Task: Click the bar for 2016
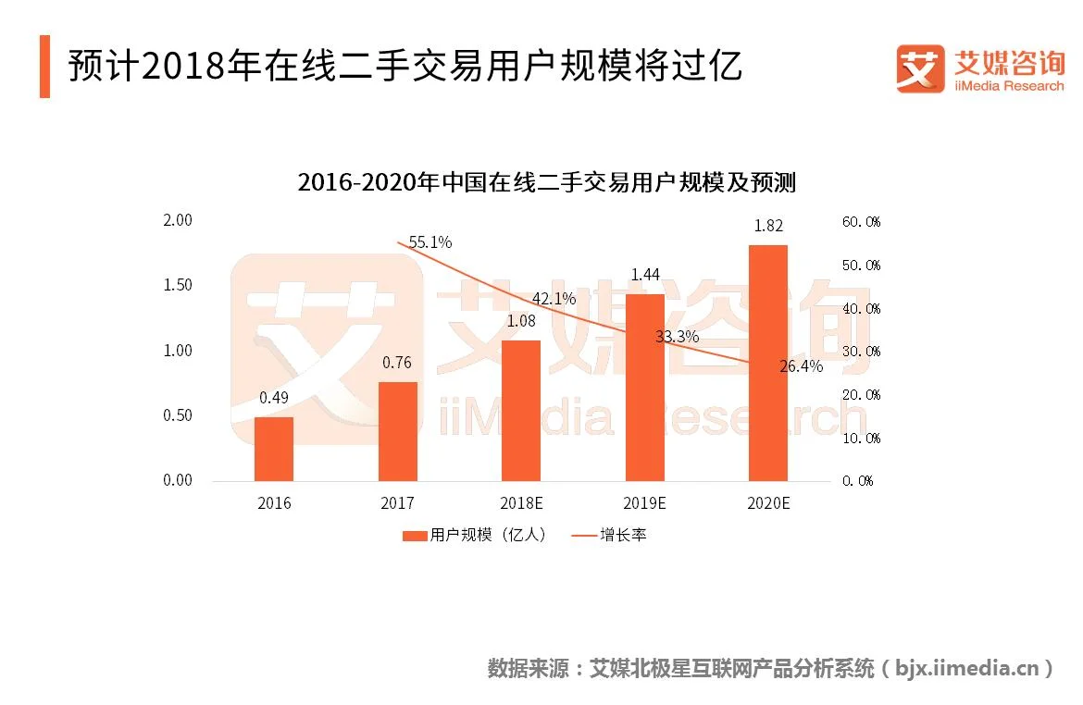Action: tap(274, 449)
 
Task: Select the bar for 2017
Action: tap(397, 431)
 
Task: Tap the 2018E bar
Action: tap(521, 411)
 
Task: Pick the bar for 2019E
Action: tap(644, 388)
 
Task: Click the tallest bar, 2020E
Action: tap(767, 363)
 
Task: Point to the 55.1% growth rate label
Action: tap(430, 242)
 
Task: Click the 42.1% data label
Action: tap(554, 299)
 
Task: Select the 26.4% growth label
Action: tap(801, 366)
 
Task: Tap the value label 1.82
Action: tap(767, 226)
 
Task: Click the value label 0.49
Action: tap(274, 398)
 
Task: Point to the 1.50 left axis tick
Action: tap(177, 285)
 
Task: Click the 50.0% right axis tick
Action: tap(861, 266)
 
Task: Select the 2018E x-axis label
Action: tap(521, 503)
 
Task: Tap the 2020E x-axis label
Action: tap(767, 503)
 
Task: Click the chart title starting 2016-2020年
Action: tap(546, 182)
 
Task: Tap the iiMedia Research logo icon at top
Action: tap(920, 68)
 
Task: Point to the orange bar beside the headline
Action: tap(44, 67)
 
